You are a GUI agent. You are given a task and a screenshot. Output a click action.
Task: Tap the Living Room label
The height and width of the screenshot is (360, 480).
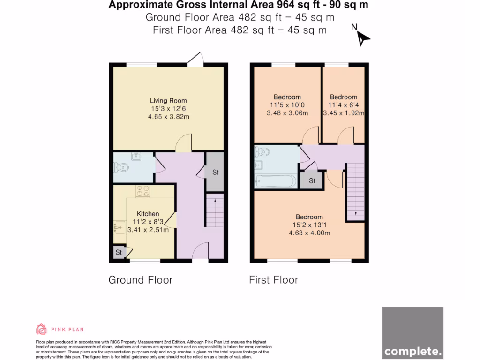click(x=168, y=101)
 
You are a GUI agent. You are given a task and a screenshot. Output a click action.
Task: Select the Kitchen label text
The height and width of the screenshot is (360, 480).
click(x=148, y=214)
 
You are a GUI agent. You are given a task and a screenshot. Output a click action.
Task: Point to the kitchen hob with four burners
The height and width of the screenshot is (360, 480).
click(x=142, y=191)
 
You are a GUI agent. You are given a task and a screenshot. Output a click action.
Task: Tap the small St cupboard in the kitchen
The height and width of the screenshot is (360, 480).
click(x=119, y=252)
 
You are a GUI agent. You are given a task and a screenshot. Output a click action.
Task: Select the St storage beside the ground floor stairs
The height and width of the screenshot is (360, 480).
click(x=215, y=172)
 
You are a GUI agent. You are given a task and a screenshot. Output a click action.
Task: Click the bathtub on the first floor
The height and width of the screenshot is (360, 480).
click(x=275, y=181)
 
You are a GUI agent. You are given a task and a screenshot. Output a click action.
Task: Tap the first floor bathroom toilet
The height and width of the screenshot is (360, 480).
click(x=262, y=151)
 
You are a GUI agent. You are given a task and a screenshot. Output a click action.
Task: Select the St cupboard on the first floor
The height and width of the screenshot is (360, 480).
click(x=312, y=180)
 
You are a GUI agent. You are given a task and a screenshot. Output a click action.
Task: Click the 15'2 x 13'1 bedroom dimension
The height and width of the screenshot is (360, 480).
click(x=309, y=225)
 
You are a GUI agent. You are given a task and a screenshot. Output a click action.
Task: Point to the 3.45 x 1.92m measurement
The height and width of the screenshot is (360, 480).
click(x=343, y=113)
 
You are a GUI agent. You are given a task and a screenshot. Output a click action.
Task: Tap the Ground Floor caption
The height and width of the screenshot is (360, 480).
click(x=141, y=280)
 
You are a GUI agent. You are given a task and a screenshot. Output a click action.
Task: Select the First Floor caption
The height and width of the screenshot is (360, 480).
click(x=273, y=280)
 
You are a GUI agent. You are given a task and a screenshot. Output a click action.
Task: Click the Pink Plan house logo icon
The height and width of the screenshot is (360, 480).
click(x=41, y=329)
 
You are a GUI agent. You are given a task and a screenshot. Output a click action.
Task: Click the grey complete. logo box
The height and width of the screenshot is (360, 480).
click(x=412, y=332)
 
